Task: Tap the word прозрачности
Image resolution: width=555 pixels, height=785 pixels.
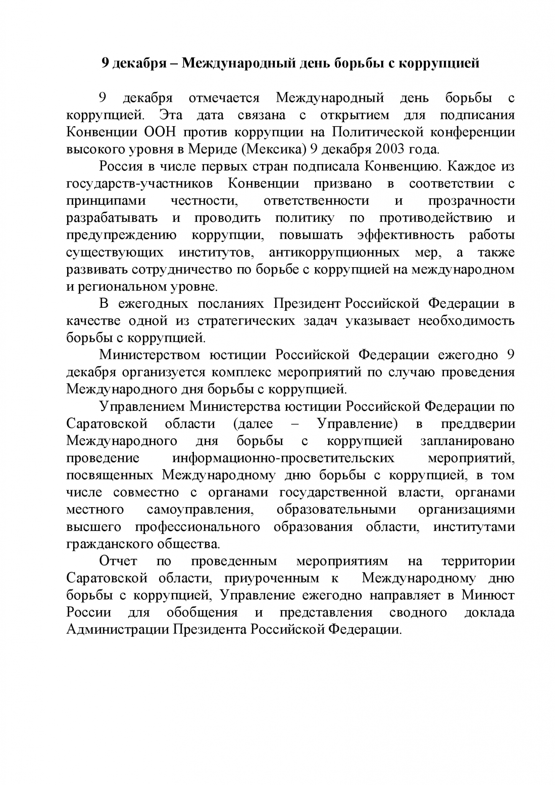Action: click(471, 201)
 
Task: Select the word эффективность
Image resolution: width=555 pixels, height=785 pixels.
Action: click(406, 235)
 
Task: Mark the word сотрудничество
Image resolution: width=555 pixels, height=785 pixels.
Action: click(182, 270)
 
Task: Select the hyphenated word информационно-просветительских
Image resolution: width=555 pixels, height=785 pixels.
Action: click(283, 458)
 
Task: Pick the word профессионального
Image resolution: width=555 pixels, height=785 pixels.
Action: click(197, 527)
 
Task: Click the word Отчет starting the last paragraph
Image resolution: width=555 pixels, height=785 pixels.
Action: click(118, 561)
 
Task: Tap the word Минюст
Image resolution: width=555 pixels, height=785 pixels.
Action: click(488, 595)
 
